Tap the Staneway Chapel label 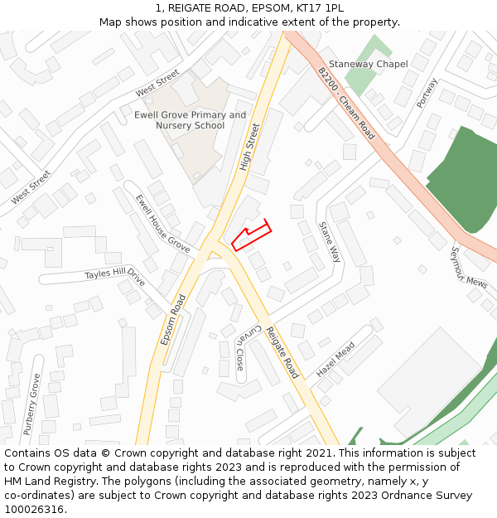(368, 65)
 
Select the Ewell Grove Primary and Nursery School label (190, 120)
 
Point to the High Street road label (249, 148)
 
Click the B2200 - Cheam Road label (346, 104)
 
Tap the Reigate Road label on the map (282, 352)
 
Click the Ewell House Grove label (162, 222)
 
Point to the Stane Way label (330, 241)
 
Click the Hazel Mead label (335, 359)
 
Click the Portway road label (427, 93)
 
